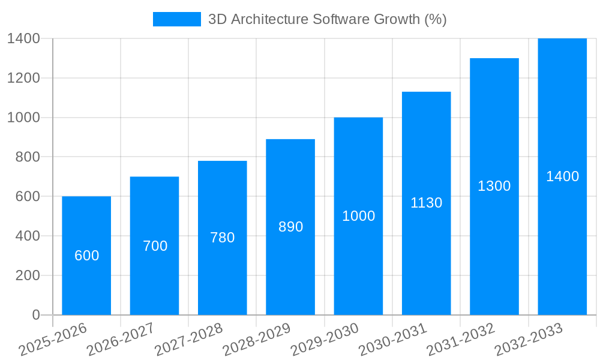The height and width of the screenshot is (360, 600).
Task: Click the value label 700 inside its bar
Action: pyautogui.click(x=155, y=246)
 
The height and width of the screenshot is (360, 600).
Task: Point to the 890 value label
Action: pyautogui.click(x=290, y=227)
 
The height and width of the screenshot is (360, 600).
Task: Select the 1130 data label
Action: pyautogui.click(x=426, y=203)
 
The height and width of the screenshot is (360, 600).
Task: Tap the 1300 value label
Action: pyautogui.click(x=494, y=186)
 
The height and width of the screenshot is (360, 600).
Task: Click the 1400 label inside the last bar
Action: pyautogui.click(x=562, y=176)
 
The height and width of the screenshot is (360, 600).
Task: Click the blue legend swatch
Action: pyautogui.click(x=177, y=19)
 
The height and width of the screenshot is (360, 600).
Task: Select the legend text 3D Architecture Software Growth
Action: pyautogui.click(x=327, y=19)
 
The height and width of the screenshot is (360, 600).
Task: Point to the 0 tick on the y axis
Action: pyautogui.click(x=35, y=315)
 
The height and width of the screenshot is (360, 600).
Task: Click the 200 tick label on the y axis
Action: pyautogui.click(x=28, y=275)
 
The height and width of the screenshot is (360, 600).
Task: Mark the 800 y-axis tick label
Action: pyautogui.click(x=28, y=157)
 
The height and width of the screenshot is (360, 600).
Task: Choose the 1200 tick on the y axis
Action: pyautogui.click(x=24, y=78)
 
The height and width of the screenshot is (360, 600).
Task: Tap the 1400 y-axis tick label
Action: pyautogui.click(x=24, y=38)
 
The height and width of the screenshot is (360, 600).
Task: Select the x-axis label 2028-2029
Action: pyautogui.click(x=257, y=340)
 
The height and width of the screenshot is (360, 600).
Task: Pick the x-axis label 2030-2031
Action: pyautogui.click(x=393, y=340)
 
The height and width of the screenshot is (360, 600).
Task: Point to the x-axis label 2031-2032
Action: pyautogui.click(x=461, y=340)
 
